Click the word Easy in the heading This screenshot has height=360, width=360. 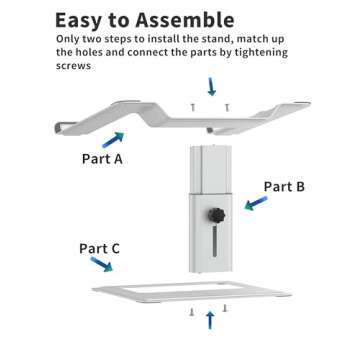point(78,21)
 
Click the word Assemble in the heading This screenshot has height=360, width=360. point(185,20)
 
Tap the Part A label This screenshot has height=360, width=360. point(102,159)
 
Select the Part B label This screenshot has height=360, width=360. point(284,187)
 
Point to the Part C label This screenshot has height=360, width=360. point(99,248)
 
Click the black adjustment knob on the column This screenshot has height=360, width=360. point(217,215)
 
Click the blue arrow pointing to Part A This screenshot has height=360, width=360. point(113,140)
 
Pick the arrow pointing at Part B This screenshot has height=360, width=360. point(256,203)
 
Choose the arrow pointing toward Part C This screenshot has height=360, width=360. point(101,264)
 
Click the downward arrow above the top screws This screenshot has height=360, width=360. point(211,86)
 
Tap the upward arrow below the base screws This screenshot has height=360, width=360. point(210,320)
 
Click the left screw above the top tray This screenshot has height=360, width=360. point(193,107)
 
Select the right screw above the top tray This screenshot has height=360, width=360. point(227,107)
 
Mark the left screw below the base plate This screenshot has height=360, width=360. point(192,312)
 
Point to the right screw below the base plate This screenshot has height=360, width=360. point(225,308)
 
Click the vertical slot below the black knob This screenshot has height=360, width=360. point(215,240)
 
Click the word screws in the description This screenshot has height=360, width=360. point(73,66)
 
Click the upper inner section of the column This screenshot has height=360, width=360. point(211,169)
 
